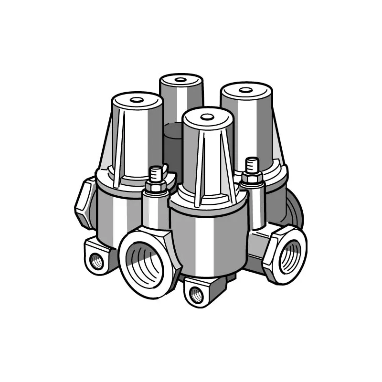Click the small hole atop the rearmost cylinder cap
click(x=180, y=79)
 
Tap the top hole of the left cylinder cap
click(x=137, y=100)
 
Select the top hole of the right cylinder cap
click(x=246, y=89)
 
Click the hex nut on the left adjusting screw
click(x=155, y=186)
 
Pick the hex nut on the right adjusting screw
click(x=251, y=178)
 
